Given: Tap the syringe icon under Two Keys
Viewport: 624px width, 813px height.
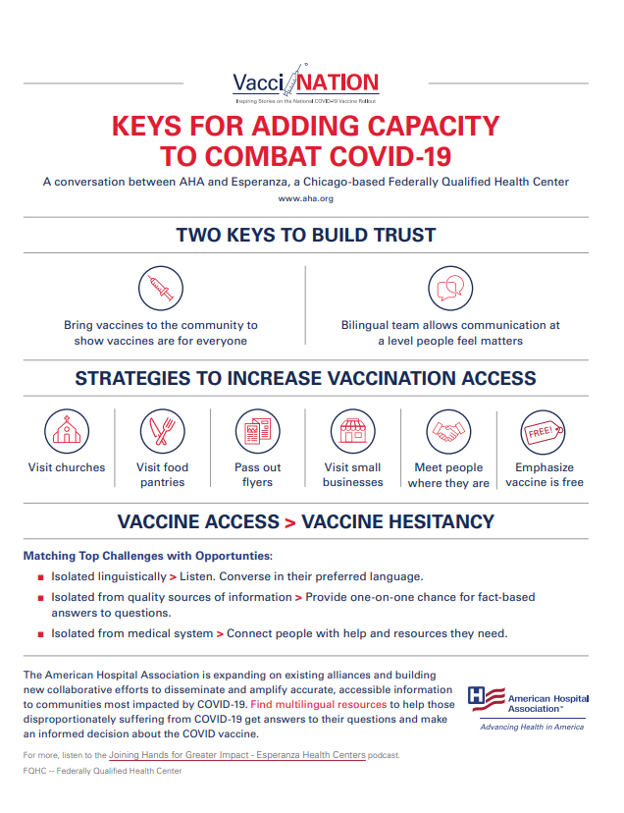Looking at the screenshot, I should (x=160, y=289).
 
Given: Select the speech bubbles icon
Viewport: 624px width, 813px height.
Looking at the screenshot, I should (x=449, y=289).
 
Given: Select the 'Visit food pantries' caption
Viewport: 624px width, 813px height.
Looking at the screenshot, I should (x=162, y=475).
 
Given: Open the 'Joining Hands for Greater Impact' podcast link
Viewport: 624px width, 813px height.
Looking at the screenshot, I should (x=238, y=755).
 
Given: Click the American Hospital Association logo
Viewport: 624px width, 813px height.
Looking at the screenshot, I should (x=530, y=701).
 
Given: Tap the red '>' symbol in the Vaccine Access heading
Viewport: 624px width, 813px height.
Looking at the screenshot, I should (x=289, y=522).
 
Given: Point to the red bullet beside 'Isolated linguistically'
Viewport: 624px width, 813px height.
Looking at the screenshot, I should (x=40, y=577).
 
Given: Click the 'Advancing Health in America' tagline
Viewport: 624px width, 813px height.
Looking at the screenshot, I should (x=531, y=728).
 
